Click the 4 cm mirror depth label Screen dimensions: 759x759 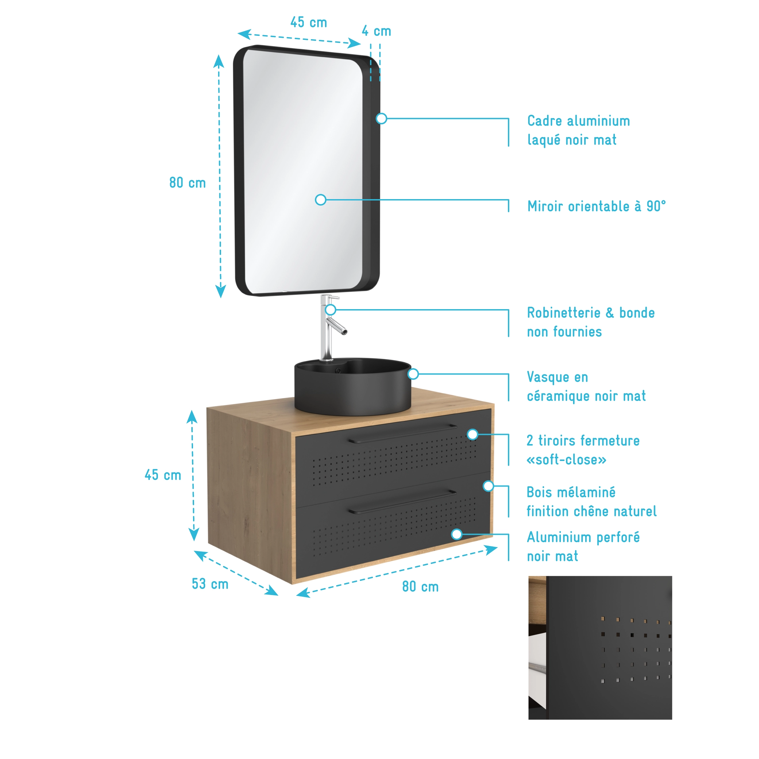pos(376,31)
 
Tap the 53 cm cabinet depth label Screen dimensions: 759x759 pos(210,584)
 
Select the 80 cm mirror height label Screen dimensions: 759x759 pos(187,183)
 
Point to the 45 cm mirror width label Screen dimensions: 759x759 pos(308,22)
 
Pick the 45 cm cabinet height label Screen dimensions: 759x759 pos(163,475)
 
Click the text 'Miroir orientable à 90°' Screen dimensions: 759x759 pos(596,206)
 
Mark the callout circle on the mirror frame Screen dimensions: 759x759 pos(381,118)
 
